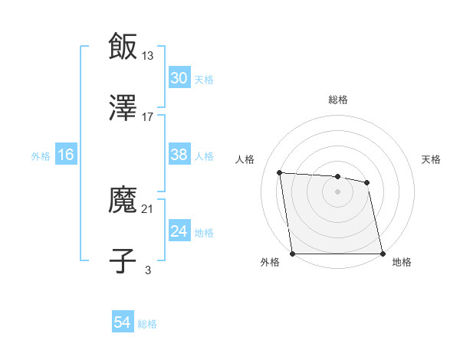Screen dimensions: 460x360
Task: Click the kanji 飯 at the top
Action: [123, 46]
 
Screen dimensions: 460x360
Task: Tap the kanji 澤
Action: [123, 108]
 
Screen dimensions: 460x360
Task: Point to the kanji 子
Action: [123, 261]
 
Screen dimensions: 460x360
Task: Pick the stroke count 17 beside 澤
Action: [148, 117]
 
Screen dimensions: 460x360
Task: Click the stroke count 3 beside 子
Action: [148, 270]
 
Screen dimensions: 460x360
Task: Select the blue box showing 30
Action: [179, 78]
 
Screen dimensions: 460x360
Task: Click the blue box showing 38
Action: [179, 155]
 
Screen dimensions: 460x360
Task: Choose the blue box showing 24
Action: [179, 231]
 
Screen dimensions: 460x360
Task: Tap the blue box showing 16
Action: [66, 155]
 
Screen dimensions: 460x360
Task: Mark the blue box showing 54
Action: [122, 322]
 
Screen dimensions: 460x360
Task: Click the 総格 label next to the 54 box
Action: [147, 324]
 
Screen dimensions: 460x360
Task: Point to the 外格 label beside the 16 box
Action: [41, 156]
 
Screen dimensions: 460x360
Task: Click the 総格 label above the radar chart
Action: [338, 100]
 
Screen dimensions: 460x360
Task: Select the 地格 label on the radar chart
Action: [402, 262]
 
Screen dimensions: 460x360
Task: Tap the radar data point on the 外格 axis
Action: [293, 254]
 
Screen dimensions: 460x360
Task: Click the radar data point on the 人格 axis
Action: [280, 172]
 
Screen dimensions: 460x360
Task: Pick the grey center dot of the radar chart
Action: [338, 191]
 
